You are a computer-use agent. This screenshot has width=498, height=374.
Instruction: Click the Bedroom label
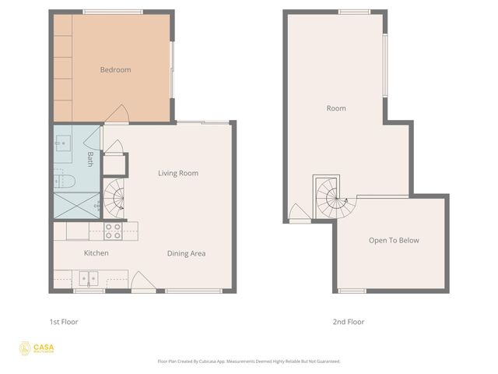point(115,70)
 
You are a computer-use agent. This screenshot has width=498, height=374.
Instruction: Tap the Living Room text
point(178,173)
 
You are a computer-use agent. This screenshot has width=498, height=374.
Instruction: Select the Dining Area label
point(186,253)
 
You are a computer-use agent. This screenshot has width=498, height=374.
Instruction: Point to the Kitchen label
point(96,253)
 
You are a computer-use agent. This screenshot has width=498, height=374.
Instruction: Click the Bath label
point(90,159)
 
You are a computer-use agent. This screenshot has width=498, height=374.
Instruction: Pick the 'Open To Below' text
point(394,240)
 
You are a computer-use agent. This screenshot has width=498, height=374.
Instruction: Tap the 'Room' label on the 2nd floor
point(336,108)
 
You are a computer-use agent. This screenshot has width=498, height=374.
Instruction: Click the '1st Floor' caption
point(64,322)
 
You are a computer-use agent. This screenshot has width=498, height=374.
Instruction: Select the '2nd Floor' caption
point(349,322)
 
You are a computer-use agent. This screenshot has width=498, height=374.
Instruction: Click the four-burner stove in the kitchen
point(113,230)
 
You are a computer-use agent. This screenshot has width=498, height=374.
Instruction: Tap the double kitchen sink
point(87,277)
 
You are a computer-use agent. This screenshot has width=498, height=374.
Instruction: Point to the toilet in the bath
point(65,182)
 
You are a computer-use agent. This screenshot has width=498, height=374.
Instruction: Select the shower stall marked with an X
point(76,205)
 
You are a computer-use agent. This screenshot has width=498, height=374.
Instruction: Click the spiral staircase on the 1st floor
point(116,199)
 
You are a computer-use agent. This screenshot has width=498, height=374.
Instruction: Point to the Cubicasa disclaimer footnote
point(249,362)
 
